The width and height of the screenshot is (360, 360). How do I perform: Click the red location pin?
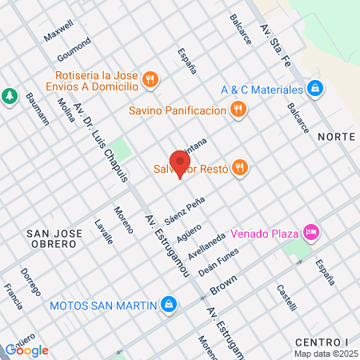[178, 161]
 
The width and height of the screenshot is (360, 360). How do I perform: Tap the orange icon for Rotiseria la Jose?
[150, 78]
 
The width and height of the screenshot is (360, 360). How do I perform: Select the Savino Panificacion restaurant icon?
[237, 110]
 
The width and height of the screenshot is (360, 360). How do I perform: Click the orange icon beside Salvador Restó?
[241, 168]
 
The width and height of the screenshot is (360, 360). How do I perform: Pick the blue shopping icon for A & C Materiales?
[315, 88]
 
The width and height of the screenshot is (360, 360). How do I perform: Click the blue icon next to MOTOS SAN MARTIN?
[169, 305]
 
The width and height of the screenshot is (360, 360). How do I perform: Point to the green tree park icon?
[10, 96]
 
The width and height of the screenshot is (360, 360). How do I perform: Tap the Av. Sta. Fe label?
[274, 38]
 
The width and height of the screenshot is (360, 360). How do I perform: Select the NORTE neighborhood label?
[336, 137]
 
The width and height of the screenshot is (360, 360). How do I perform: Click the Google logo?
[27, 350]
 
